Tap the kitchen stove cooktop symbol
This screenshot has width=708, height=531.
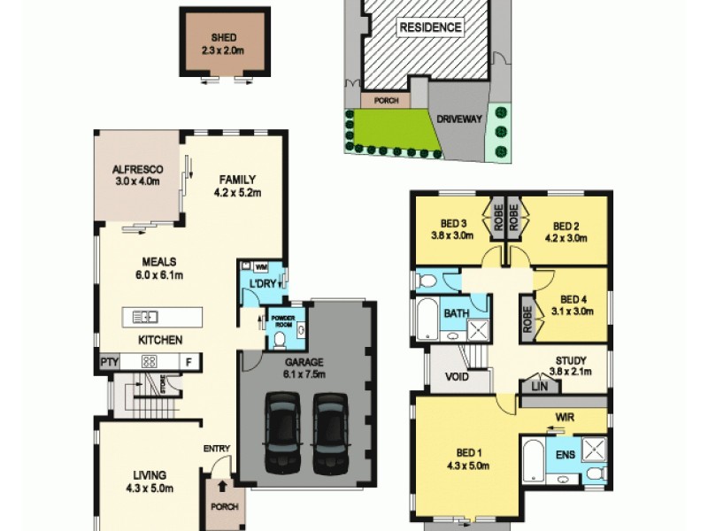pos(150,361)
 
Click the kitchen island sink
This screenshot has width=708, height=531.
pos(142,316)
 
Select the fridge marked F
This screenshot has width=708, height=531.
pos(188,361)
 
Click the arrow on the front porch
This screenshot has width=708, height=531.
pos(220,485)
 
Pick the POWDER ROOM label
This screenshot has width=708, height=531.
pos(282,319)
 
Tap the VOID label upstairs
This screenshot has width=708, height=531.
pos(457,375)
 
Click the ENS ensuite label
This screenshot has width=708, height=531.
pos(565,455)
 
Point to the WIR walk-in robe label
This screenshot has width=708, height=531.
pos(566,414)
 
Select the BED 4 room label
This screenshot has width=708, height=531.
pos(574,299)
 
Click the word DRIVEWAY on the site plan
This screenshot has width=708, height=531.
pos(458,118)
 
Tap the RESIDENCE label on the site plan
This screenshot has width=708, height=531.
pos(431,27)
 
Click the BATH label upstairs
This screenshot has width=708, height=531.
pos(457,313)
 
